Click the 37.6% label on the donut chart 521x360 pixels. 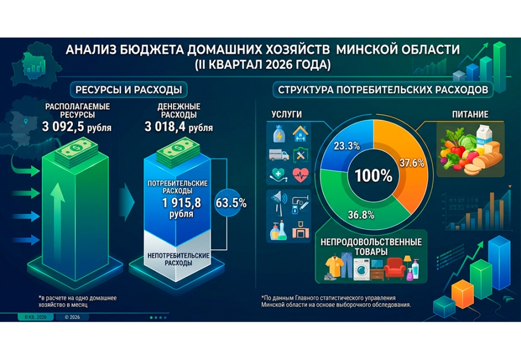click(x=412, y=163)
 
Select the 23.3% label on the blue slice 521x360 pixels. click(x=347, y=146)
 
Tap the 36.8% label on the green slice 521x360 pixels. click(x=361, y=215)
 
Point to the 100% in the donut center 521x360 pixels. click(x=373, y=175)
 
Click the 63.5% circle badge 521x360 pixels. click(x=231, y=203)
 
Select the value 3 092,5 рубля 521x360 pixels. click(x=77, y=127)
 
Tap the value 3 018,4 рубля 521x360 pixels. click(x=179, y=127)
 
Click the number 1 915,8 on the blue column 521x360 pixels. click(x=181, y=203)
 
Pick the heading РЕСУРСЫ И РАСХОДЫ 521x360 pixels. click(x=129, y=90)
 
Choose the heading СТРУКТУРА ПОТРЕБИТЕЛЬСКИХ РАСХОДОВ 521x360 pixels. click(x=383, y=90)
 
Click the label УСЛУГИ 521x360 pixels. click(x=287, y=114)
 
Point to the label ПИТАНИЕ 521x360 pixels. click(x=470, y=114)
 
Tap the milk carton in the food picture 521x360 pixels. click(x=483, y=136)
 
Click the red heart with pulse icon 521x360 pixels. click(x=300, y=175)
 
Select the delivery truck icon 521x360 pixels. click(x=278, y=155)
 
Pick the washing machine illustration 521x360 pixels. click(x=361, y=269)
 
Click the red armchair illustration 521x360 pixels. click(x=394, y=267)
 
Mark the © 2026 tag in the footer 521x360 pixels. click(x=72, y=317)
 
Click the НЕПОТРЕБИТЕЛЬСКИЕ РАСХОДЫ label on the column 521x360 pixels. click(x=178, y=259)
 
